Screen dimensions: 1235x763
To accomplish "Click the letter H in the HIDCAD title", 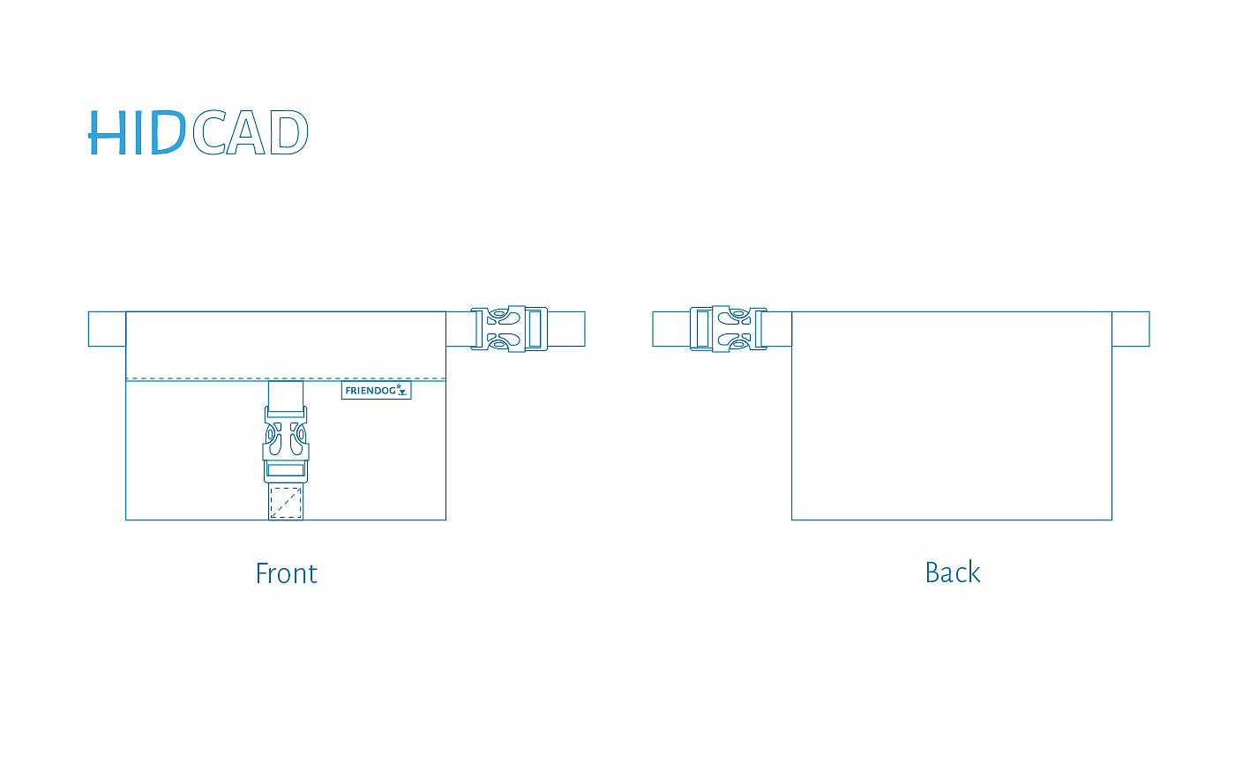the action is [x=109, y=134].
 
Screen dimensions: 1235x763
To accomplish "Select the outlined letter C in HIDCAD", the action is [x=209, y=134].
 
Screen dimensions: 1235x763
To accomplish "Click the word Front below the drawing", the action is [x=286, y=573].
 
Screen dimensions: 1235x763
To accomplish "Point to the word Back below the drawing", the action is [x=952, y=572].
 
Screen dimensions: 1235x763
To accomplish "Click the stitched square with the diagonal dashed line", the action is [x=286, y=502].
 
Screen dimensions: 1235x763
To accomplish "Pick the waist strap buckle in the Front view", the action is [x=508, y=329].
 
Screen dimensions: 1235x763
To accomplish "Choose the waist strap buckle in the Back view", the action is [x=728, y=329].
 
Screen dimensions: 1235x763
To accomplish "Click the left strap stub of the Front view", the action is [x=107, y=329].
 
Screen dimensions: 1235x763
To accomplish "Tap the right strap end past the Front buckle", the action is [x=566, y=329].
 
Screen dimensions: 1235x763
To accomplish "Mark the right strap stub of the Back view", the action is [x=1131, y=329].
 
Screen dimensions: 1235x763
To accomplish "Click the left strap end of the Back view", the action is [x=670, y=329].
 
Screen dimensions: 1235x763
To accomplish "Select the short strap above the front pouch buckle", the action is [x=286, y=393].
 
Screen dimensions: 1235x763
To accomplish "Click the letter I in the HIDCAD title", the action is [x=141, y=134].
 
